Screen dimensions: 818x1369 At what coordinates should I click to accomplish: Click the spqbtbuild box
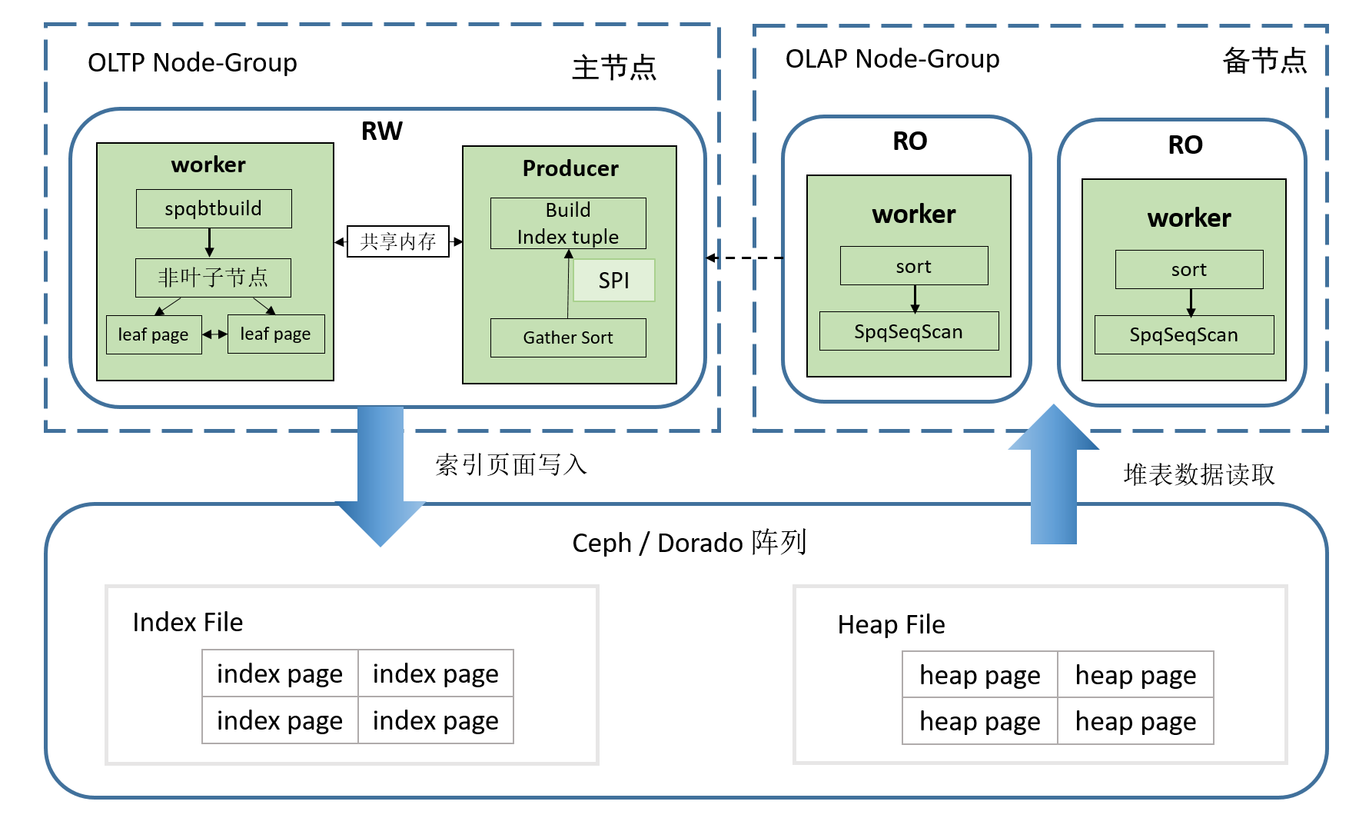[x=214, y=208]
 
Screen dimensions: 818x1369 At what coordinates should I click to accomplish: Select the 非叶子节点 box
[x=213, y=278]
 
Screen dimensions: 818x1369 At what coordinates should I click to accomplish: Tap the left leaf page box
[x=154, y=334]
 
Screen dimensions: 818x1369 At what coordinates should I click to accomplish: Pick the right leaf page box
[x=276, y=334]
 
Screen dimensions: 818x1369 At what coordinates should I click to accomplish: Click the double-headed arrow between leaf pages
[x=214, y=334]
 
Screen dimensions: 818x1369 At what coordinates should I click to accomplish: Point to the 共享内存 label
[x=397, y=241]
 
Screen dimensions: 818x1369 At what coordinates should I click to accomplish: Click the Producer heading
[x=570, y=168]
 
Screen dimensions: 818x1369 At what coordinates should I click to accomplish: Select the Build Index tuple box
[x=568, y=223]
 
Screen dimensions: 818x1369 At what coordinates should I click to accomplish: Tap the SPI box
[x=614, y=281]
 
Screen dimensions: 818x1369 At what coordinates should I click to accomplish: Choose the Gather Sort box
[x=568, y=338]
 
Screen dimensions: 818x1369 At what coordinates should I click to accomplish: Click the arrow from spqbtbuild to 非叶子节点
[x=209, y=243]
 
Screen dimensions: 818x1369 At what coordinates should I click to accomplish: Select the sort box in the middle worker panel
[x=914, y=266]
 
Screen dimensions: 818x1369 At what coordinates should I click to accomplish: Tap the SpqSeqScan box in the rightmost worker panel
[x=1184, y=334]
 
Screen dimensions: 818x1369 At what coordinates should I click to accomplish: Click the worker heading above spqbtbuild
[x=208, y=165]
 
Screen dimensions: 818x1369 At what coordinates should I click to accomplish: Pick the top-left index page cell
[x=280, y=673]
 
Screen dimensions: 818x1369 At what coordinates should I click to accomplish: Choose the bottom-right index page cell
[x=436, y=720]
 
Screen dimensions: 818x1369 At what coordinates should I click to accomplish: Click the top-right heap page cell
[x=1135, y=675]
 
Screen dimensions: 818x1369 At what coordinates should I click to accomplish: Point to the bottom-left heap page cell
[x=980, y=721]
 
